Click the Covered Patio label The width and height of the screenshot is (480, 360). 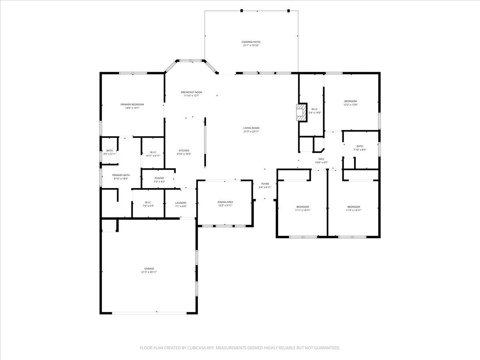click(x=251, y=42)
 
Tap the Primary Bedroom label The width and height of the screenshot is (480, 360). click(x=132, y=104)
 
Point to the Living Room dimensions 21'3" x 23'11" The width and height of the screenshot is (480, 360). click(x=251, y=132)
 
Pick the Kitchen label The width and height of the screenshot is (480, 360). click(x=184, y=150)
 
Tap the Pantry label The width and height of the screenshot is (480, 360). click(x=159, y=178)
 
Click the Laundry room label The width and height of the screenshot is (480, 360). click(x=181, y=203)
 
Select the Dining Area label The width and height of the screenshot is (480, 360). click(x=225, y=202)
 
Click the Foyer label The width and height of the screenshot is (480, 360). click(x=265, y=184)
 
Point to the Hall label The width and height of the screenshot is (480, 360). click(x=321, y=159)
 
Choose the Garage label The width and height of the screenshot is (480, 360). click(x=149, y=268)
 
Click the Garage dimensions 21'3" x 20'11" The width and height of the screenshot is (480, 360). click(x=149, y=272)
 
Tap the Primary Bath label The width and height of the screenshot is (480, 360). click(x=121, y=175)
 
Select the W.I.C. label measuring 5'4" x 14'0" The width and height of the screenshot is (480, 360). click(x=314, y=109)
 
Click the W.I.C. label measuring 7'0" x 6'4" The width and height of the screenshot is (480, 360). click(x=148, y=202)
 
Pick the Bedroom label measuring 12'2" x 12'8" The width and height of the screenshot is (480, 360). click(x=350, y=101)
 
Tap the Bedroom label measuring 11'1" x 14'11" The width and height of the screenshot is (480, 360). click(x=302, y=206)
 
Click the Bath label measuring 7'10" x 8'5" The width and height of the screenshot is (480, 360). click(x=360, y=146)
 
